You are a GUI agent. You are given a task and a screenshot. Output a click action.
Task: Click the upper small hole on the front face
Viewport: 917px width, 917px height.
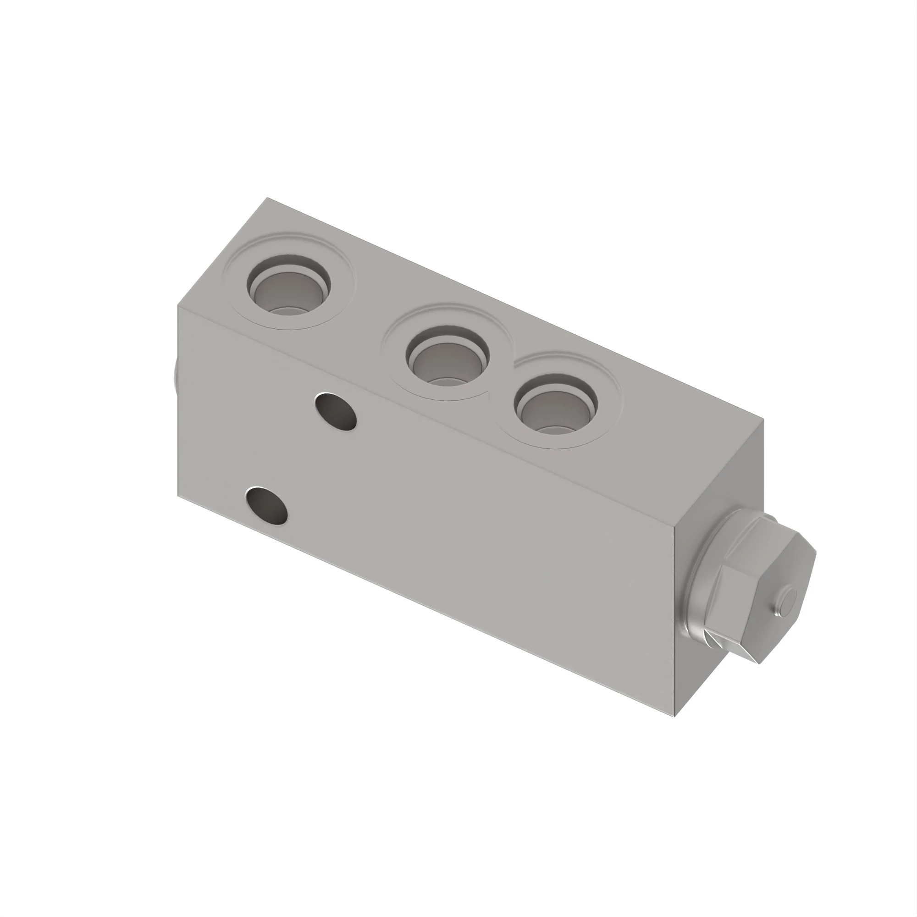pos(336,411)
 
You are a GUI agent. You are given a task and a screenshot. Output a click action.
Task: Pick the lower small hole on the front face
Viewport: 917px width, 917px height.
pos(268,505)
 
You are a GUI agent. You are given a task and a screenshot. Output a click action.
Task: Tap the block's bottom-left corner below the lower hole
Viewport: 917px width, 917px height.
pos(178,497)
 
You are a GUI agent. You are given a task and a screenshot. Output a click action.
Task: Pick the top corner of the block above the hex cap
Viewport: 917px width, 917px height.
pos(763,420)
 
